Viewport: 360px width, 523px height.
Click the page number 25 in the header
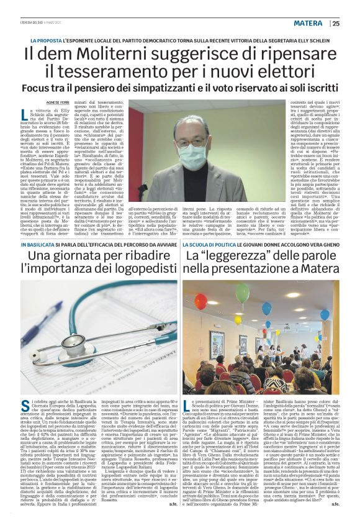(x=336, y=24)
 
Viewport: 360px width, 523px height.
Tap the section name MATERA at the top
(x=308, y=24)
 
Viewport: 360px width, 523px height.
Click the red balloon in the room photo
(x=200, y=301)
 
